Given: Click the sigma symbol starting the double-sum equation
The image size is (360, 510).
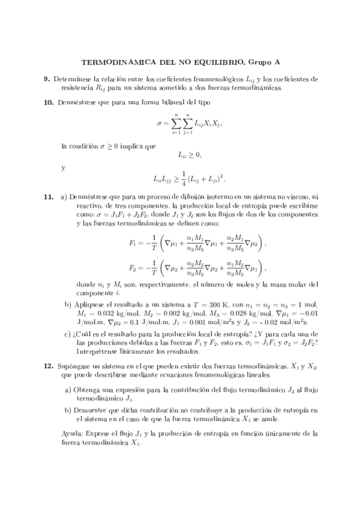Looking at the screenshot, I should tap(159, 124).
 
